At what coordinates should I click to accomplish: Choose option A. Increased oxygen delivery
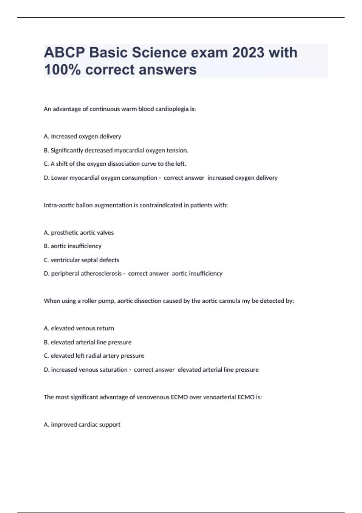[82, 136]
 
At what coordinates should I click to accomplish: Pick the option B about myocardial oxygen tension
[116, 150]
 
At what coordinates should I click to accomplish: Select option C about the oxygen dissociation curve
[115, 164]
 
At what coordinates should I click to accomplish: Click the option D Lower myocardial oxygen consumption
[100, 178]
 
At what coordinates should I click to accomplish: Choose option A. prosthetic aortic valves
[79, 233]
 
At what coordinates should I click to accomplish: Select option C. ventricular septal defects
[81, 260]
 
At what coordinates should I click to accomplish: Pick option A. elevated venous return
[79, 328]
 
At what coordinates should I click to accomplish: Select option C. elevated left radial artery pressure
[94, 356]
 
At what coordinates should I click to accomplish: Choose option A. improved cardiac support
[82, 425]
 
